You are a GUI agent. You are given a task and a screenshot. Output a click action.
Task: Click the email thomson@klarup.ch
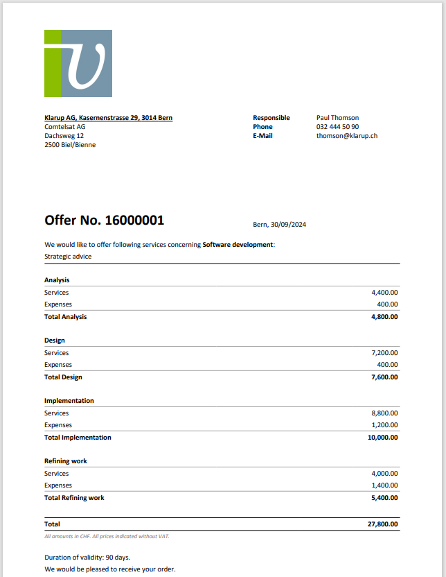[x=346, y=136]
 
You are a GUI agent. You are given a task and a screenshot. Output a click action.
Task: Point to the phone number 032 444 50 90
[x=337, y=127]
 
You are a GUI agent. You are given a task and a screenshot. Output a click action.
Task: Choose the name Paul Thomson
[x=337, y=118]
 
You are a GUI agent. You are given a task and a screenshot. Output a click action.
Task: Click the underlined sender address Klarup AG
[x=108, y=118]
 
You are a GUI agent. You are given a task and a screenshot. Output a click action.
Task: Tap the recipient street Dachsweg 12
[x=64, y=136]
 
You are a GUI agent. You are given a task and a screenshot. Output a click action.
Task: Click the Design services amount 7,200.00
[x=384, y=353]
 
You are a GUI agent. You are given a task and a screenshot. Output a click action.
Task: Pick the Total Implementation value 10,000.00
[x=382, y=438]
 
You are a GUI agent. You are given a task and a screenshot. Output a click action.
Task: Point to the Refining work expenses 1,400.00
[x=384, y=485]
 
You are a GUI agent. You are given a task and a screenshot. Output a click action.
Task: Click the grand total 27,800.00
[x=382, y=524]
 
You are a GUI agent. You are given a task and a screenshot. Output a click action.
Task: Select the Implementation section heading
[x=69, y=401]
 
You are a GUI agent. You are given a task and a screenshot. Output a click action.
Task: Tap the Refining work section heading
[x=66, y=461]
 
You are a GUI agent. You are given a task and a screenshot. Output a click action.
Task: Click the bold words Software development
[x=238, y=245]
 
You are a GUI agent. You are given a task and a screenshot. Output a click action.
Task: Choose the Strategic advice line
[x=68, y=257]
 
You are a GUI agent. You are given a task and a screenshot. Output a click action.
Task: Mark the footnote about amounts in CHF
[x=107, y=536]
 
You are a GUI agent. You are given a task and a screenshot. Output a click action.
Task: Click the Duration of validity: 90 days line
[x=87, y=558]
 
